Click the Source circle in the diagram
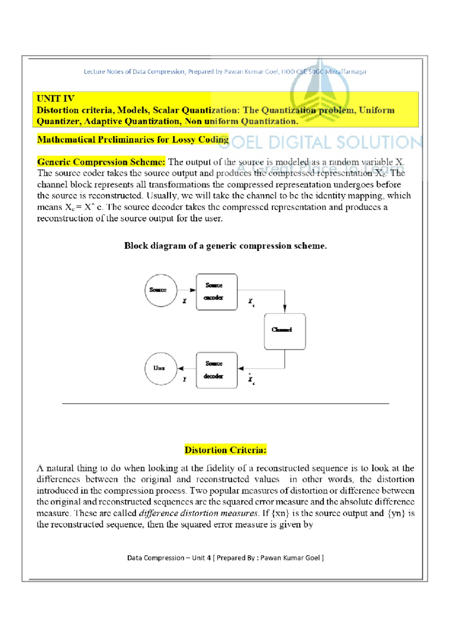pos(161,290)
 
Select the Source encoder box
pos(216,292)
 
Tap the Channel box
pos(285,331)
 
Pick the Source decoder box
pos(216,370)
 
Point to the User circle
pos(160,368)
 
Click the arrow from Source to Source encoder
pos(186,290)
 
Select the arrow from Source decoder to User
pos(186,368)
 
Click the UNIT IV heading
pos(56,99)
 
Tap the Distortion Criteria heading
pos(225,450)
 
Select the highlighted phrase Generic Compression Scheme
pos(101,162)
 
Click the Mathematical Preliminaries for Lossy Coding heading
pos(133,140)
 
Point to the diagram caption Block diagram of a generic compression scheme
pos(225,246)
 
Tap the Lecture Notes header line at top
pos(225,72)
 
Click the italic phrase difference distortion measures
pos(198,513)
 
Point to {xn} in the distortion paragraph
pos(280,513)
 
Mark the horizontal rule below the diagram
pos(225,403)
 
